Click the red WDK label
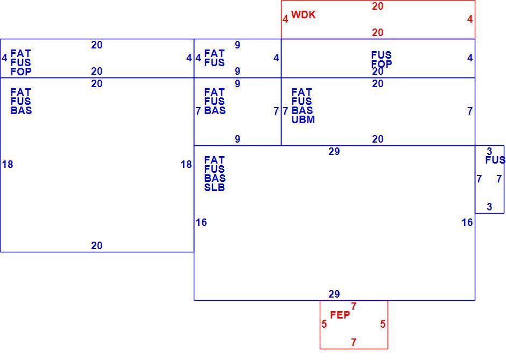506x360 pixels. (303, 15)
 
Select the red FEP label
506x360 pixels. (340, 315)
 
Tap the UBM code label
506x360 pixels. (303, 119)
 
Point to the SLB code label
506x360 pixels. (214, 187)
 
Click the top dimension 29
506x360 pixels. (334, 151)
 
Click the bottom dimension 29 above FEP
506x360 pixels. (334, 294)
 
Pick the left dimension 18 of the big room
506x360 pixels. (8, 165)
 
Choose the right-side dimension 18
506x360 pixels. (186, 165)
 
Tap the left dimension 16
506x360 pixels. (201, 223)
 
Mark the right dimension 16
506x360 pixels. (467, 223)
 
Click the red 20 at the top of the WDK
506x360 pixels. (377, 6)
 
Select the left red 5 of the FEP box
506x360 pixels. (324, 324)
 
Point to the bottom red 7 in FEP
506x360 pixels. (354, 342)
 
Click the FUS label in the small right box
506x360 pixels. (495, 160)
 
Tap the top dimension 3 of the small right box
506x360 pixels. (489, 151)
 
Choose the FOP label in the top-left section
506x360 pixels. (21, 72)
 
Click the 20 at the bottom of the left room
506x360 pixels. (96, 246)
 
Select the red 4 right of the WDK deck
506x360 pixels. (470, 19)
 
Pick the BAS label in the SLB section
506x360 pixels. (215, 179)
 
